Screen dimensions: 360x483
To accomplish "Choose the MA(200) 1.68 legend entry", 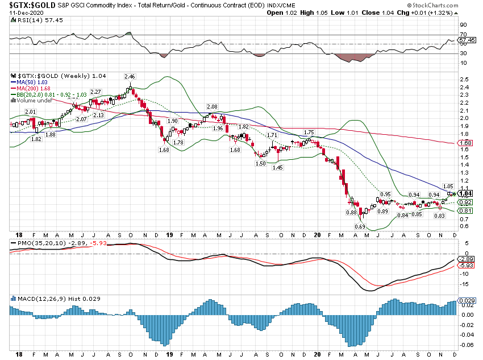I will (x=32, y=88).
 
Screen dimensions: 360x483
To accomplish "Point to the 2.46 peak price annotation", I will (x=130, y=76).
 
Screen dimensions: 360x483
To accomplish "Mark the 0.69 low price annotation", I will (x=360, y=227).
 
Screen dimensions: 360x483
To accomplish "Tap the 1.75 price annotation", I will (x=309, y=132).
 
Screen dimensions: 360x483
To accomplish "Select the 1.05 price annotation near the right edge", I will (x=447, y=186).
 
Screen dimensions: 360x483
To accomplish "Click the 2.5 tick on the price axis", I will (x=464, y=80).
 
